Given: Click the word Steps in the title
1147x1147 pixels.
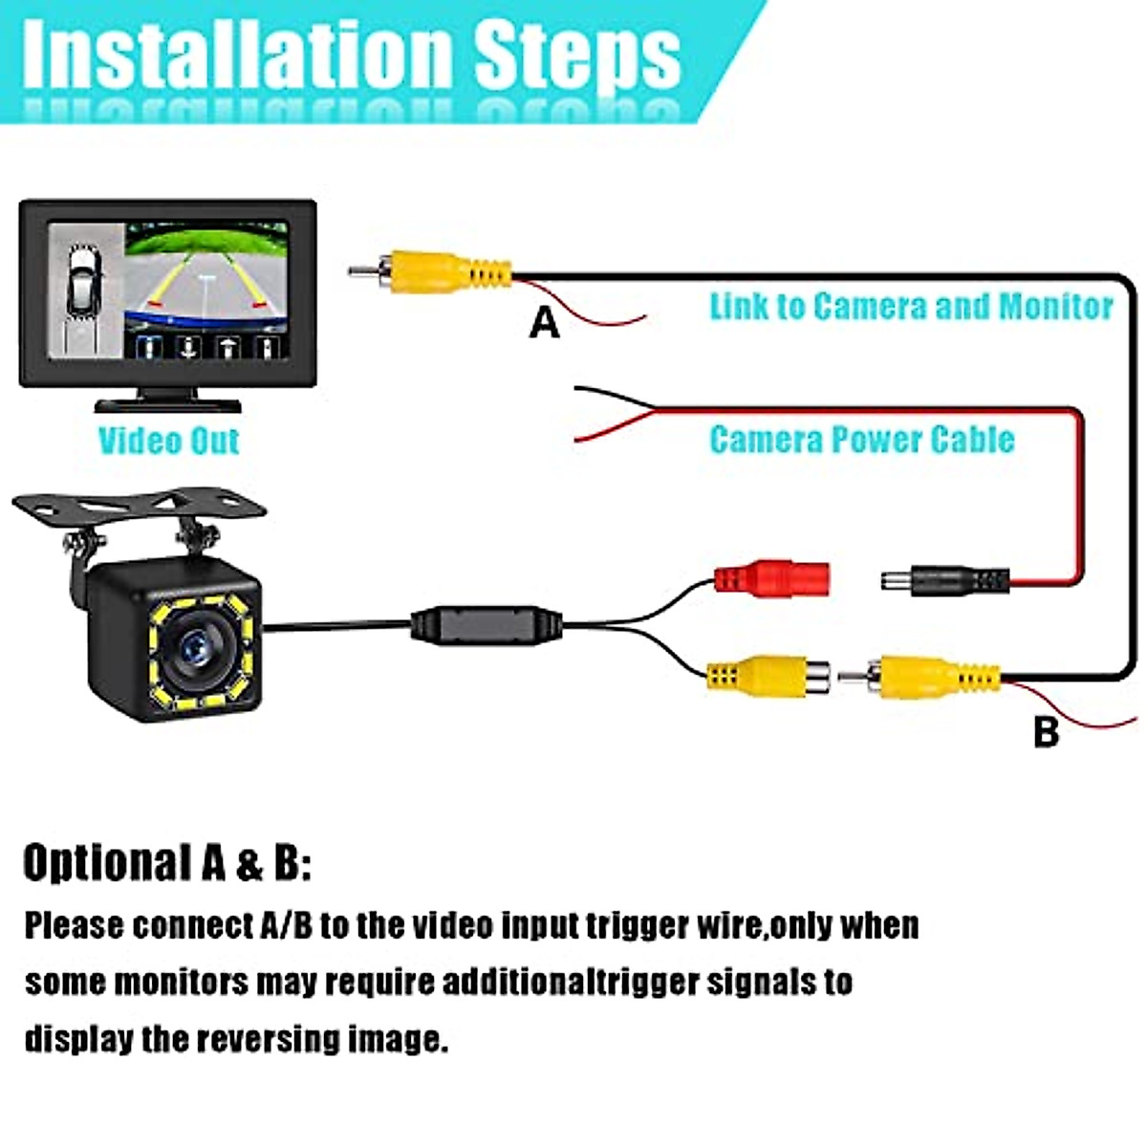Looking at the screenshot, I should tap(577, 54).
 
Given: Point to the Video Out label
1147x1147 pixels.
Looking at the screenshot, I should tap(168, 441).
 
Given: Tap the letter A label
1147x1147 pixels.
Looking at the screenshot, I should tap(544, 323).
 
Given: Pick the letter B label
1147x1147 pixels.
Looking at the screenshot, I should tap(1047, 732).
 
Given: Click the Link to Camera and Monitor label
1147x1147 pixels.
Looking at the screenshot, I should tap(911, 307).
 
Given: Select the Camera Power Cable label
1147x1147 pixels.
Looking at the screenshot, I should tap(861, 440).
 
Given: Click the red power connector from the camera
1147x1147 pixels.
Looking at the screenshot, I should tap(772, 578).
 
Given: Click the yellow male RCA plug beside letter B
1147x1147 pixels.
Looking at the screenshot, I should tap(932, 677).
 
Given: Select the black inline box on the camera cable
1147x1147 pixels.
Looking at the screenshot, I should tap(487, 626).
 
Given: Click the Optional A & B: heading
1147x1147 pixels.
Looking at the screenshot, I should tap(167, 863).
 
